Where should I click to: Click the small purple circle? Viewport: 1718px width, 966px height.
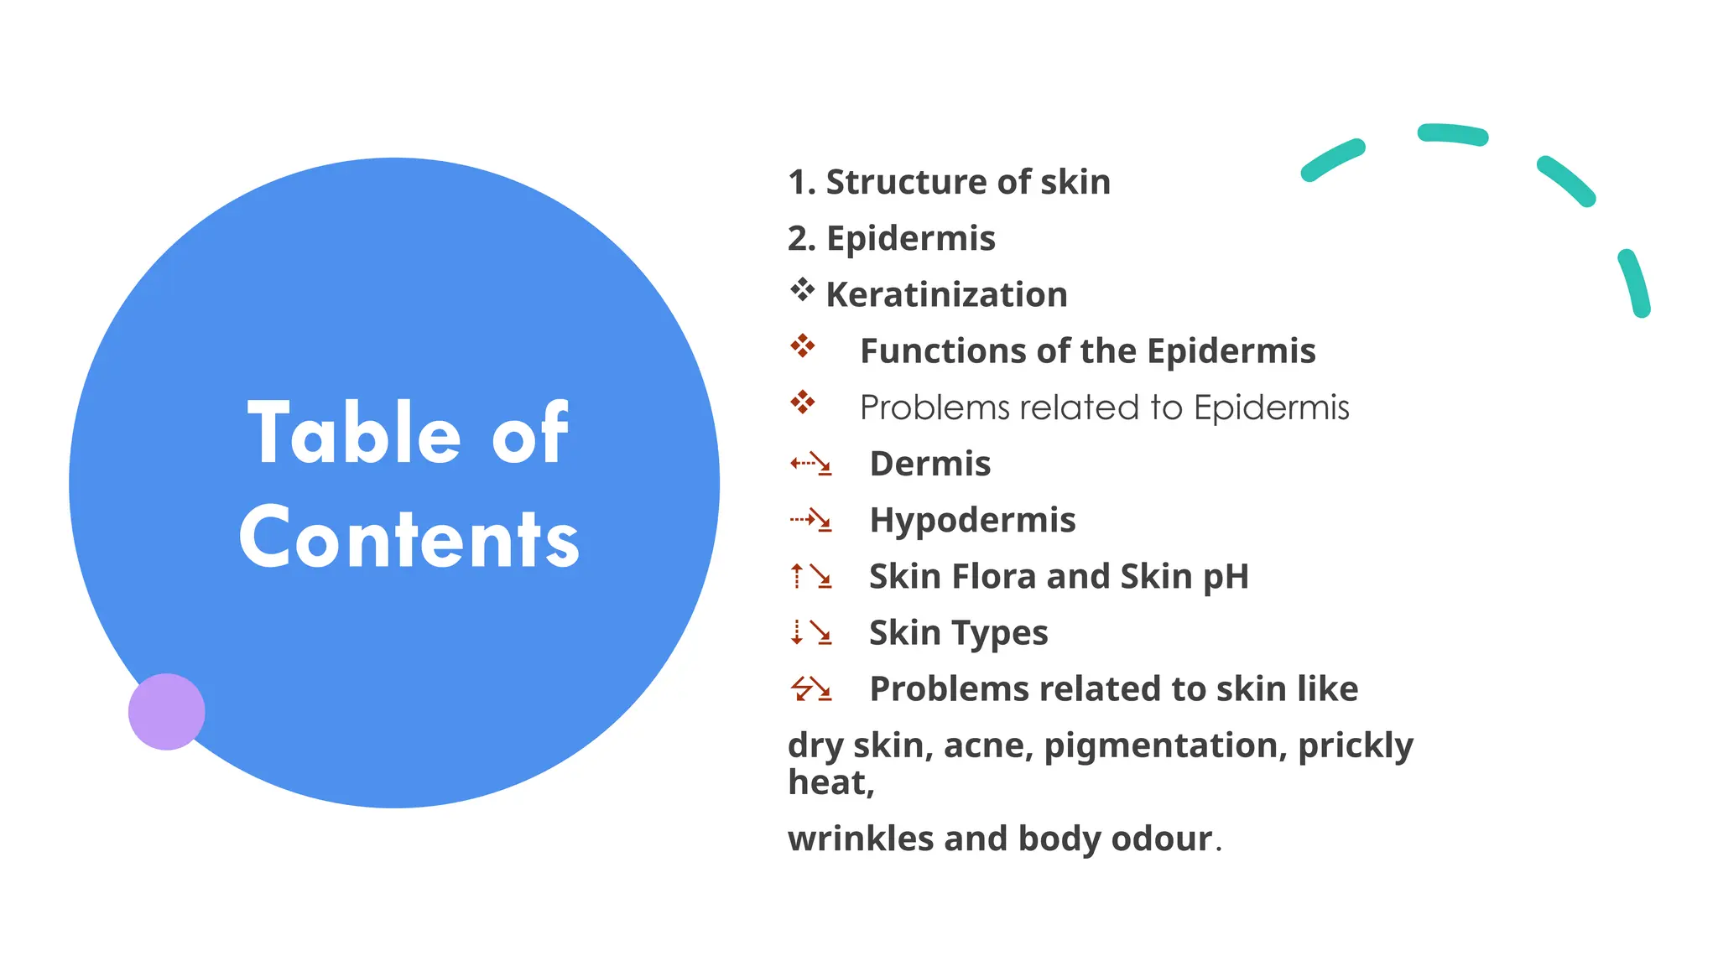click(x=166, y=711)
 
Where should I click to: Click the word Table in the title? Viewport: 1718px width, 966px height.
click(x=354, y=433)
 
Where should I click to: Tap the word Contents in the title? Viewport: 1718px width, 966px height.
click(x=409, y=538)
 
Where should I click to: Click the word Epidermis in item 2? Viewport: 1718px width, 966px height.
click(x=911, y=238)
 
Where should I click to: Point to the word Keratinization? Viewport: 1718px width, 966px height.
click(x=946, y=294)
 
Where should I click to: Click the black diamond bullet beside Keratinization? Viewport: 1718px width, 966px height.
click(x=802, y=290)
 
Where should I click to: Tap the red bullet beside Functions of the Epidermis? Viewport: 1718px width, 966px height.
click(x=802, y=345)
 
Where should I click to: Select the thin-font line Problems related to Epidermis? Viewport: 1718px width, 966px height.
click(x=1104, y=408)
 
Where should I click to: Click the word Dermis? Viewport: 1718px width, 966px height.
click(x=930, y=464)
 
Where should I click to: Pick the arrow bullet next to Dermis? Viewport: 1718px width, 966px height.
click(x=810, y=463)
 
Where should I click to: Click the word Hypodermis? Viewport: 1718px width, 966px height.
click(x=972, y=520)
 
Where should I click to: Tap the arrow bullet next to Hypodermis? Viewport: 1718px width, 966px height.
click(x=810, y=520)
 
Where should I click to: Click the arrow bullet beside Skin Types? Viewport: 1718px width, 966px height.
click(x=810, y=632)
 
